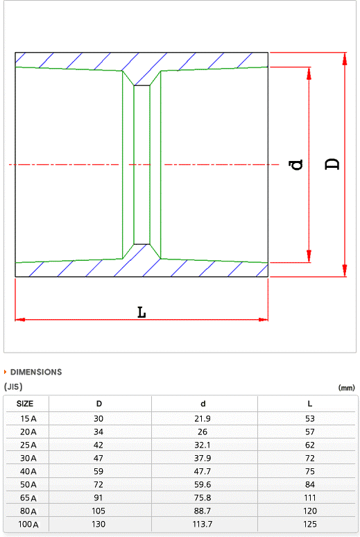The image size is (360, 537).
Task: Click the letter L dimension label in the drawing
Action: pos(142,312)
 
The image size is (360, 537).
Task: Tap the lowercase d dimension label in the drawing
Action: pos(296,164)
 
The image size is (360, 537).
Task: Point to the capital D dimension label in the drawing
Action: pos(332,164)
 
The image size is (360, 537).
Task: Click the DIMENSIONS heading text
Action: pos(36,372)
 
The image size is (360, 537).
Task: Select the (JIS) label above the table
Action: pos(13,386)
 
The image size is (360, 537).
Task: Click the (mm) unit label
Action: pos(346,388)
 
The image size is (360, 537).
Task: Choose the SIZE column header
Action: pos(25,403)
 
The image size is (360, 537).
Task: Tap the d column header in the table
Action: pos(203,404)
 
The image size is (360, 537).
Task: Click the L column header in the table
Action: pos(309,404)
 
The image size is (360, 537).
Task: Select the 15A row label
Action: pos(28,418)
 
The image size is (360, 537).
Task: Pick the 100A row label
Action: pos(28,524)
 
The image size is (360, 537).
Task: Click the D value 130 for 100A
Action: pos(98,524)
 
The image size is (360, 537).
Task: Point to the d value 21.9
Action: pos(203,418)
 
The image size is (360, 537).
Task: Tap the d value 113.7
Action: pos(203,524)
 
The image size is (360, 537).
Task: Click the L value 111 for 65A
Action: pos(309,497)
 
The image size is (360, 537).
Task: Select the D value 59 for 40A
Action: pos(98,471)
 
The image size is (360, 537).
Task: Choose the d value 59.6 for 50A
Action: pos(203,484)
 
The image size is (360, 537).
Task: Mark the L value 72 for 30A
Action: pos(309,458)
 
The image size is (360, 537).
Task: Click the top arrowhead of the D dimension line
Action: pos(345,58)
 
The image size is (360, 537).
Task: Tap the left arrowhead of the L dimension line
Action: pos(20,320)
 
